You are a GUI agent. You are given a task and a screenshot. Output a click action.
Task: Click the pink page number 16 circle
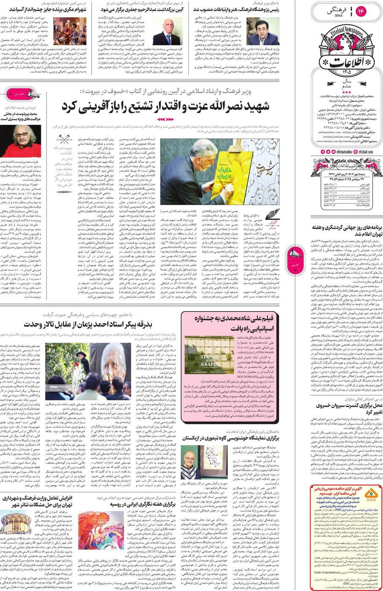pos(361,10)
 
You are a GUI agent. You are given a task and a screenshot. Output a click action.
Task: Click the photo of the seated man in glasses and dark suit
pos(263,32)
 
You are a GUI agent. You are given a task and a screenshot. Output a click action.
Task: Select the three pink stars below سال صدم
pos(346,92)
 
